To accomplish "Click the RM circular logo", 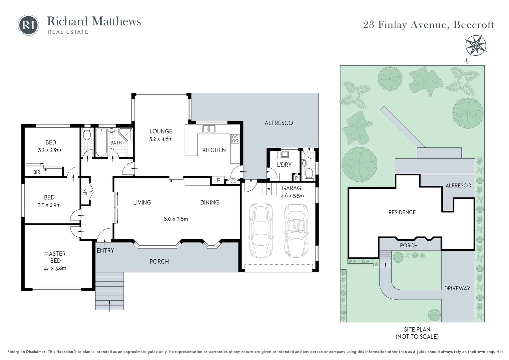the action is [28, 25].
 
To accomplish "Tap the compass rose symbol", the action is [475, 45].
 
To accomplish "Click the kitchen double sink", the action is [209, 129].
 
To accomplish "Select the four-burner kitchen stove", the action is [235, 139].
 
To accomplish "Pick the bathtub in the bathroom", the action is [101, 143].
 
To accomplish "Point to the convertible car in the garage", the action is [296, 230].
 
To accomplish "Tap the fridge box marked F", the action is [219, 180].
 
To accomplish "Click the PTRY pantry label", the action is [234, 182].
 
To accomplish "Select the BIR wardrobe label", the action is [37, 172].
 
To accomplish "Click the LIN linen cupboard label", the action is [85, 192].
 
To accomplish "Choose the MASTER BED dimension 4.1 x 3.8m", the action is [55, 268].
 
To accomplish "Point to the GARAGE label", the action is [293, 188].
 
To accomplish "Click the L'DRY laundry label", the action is [284, 165].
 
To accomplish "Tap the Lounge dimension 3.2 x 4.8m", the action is [161, 139].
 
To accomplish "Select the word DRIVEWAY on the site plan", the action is [457, 288].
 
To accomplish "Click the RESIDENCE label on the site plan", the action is [402, 212].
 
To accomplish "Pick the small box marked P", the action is [296, 178].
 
